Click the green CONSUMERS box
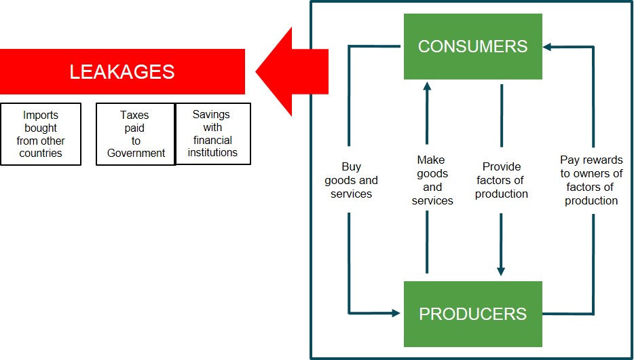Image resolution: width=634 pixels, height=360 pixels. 472,46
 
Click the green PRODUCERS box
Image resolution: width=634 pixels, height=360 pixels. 472,314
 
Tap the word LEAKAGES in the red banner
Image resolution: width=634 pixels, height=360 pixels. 122,72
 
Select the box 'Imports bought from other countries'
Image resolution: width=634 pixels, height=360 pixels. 41,134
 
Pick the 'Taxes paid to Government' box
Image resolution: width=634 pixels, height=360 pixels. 136,134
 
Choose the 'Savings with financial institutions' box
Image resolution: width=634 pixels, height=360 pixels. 212,134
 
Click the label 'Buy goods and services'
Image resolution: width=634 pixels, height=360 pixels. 351,180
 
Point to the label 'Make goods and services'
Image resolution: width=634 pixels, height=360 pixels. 432,180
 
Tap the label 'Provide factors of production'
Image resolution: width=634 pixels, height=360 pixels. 501,180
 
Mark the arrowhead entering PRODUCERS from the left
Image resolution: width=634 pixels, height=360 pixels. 395,313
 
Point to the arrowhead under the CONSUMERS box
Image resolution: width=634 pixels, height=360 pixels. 427,86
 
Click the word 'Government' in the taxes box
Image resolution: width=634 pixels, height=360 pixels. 136,154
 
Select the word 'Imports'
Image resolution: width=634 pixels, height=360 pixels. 41,115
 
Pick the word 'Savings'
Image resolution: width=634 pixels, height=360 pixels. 211,115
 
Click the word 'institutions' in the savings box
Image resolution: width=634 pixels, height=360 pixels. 212,152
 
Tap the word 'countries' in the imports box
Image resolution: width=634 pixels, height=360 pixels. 41,154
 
